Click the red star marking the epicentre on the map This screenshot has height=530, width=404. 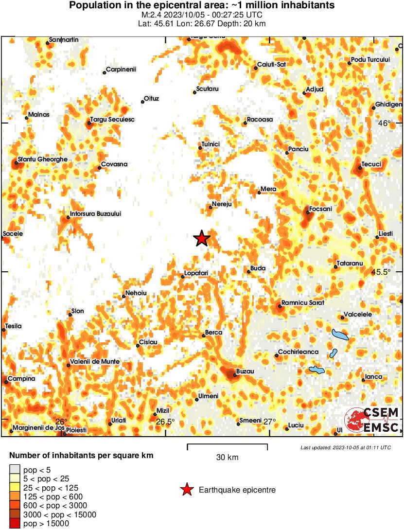click(201, 238)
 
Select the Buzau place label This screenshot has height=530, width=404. click(246, 371)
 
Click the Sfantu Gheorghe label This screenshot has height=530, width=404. click(42, 159)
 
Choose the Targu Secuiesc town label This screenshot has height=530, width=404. click(112, 120)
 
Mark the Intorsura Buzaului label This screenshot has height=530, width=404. click(95, 213)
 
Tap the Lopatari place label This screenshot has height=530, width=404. click(197, 274)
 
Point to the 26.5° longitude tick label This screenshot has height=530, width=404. click(165, 422)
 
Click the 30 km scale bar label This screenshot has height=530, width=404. click(227, 458)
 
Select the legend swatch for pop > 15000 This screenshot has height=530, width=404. click(15, 524)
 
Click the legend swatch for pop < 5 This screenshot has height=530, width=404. click(15, 470)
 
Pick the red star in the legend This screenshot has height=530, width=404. click(187, 490)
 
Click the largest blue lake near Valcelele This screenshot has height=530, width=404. click(340, 335)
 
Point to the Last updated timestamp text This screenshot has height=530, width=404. click(345, 447)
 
